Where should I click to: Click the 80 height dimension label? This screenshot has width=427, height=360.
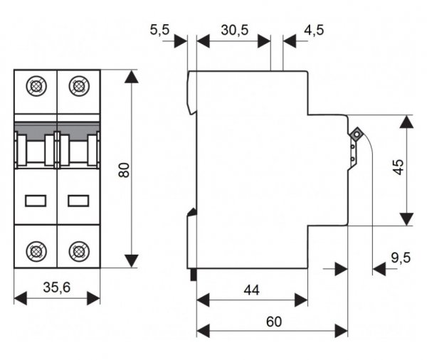124,169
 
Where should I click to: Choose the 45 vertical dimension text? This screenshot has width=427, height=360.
398,168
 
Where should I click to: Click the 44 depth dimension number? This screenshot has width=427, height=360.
251,290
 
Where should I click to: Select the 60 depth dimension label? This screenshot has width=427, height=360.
273,321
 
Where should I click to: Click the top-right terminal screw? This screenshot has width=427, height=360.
78,88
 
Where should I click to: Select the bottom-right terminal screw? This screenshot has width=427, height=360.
78,250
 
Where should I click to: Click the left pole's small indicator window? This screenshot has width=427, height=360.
35,201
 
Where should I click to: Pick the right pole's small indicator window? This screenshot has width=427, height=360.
78,201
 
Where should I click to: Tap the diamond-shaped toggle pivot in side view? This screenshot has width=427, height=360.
357,132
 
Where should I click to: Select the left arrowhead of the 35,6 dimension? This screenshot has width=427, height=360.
20,297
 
